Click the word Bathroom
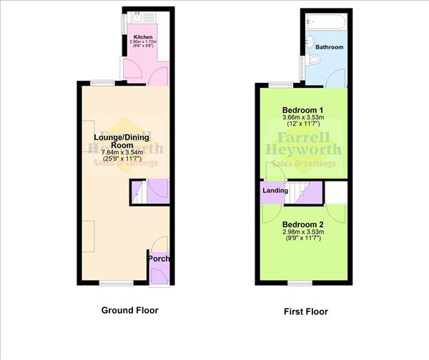click(x=330, y=47)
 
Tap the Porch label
click(x=159, y=258)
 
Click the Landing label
click(x=275, y=191)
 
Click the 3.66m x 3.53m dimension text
click(x=304, y=118)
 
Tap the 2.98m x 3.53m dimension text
click(x=304, y=231)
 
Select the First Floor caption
click(x=304, y=311)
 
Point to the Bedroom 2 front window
click(x=300, y=283)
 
